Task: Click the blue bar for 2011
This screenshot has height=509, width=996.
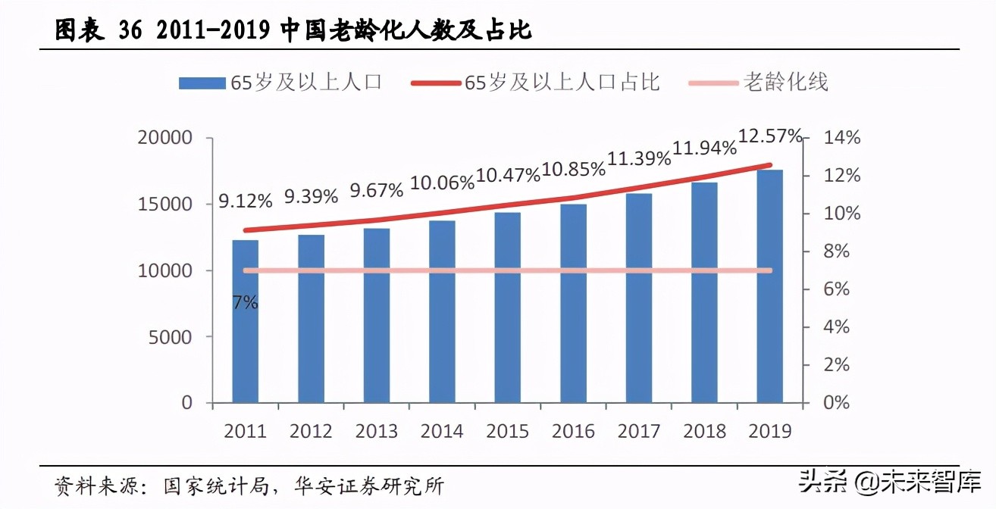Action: pyautogui.click(x=245, y=321)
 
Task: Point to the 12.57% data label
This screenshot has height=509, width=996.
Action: pyautogui.click(x=770, y=136)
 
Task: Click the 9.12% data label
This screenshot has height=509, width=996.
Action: pyautogui.click(x=246, y=201)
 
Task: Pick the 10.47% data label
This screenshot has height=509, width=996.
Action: pyautogui.click(x=508, y=175)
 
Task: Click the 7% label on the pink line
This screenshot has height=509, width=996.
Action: pyautogui.click(x=246, y=303)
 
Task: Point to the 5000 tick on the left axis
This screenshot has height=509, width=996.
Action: pyautogui.click(x=171, y=336)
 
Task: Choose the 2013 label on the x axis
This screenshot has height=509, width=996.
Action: pyautogui.click(x=377, y=431)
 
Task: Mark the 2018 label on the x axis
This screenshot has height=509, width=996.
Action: pyautogui.click(x=704, y=431)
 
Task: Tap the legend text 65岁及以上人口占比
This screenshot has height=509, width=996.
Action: pyautogui.click(x=562, y=82)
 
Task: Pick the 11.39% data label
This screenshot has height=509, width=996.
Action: pyautogui.click(x=639, y=158)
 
